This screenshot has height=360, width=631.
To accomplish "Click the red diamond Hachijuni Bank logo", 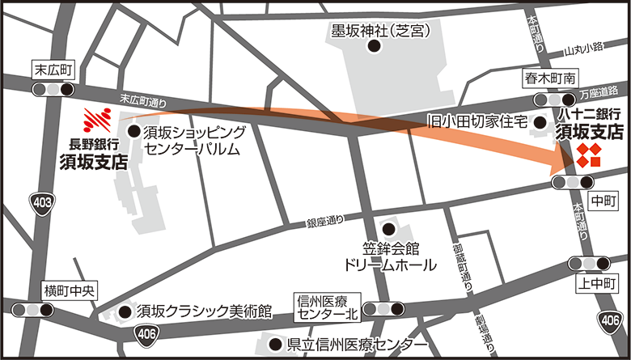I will pyautogui.click(x=590, y=155).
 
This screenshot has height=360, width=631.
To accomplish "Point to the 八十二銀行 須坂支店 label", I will pyautogui.click(x=590, y=122).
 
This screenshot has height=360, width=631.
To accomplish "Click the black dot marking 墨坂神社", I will pyautogui.click(x=374, y=47).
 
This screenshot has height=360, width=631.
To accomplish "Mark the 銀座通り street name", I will pyautogui.click(x=324, y=219).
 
